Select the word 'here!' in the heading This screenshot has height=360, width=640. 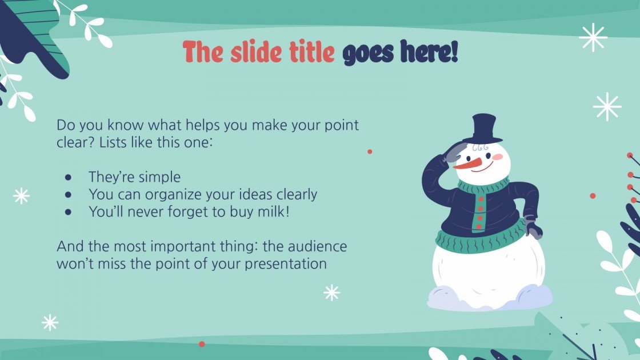click(429, 53)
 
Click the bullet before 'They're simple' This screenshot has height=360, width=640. click(69, 177)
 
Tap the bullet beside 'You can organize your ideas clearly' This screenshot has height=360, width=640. click(69, 194)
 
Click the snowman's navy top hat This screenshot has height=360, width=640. click(482, 129)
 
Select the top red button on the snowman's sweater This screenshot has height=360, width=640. click(480, 199)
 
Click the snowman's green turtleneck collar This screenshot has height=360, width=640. click(483, 186)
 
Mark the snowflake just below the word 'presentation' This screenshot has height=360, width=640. click(331, 293)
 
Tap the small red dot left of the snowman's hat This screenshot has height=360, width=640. click(370, 151)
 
